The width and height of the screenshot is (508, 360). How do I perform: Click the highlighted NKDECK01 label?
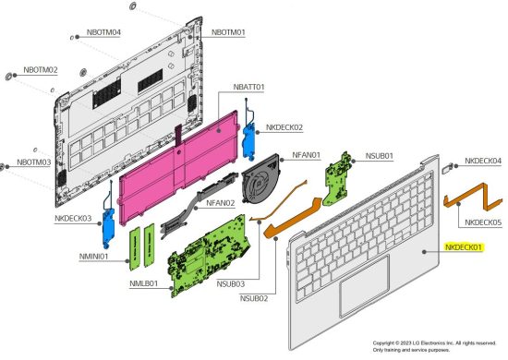coord(464,247)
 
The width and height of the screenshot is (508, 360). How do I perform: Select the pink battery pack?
coord(178,168)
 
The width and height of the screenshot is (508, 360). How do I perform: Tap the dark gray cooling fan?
coord(260,184)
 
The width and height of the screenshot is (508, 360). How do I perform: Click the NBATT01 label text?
coord(248,87)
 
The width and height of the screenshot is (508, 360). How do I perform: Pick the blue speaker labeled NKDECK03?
coord(108,223)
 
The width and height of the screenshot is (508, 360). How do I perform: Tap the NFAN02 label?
coord(221,203)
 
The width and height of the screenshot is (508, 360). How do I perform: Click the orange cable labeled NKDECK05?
coord(473,197)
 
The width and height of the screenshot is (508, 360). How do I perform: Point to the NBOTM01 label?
coord(228,32)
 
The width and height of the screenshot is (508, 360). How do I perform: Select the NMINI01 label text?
coord(93,257)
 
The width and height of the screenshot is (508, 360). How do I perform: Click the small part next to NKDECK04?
coord(447,168)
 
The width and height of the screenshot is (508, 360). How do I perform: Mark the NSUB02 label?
coord(254,298)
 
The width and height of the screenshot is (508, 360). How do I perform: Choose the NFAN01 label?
coord(306,155)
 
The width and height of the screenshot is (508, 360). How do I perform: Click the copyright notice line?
coord(434,343)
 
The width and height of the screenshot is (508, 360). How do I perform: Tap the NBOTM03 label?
coord(33,162)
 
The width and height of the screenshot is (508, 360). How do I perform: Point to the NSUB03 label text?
coord(231,284)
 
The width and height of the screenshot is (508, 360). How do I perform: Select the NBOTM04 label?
coord(103,32)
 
